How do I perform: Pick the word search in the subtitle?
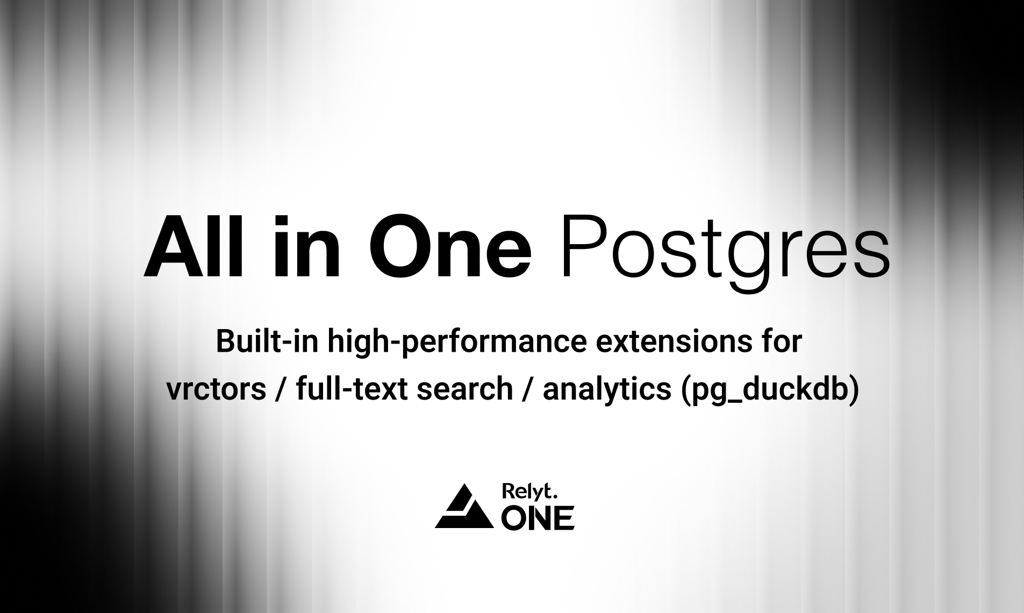click(464, 388)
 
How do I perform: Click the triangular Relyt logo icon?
click(464, 507)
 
